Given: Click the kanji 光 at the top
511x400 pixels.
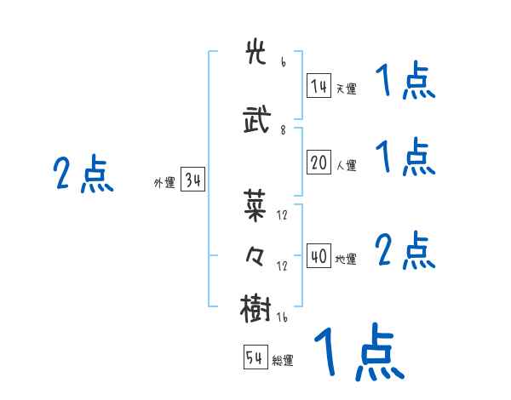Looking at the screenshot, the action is [255, 54].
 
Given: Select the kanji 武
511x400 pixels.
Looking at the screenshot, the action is [255, 120].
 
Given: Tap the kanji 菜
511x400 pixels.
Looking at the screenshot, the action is [255, 204].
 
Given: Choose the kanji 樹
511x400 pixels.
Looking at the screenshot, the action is [255, 307].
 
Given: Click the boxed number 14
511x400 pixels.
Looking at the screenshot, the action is [319, 86].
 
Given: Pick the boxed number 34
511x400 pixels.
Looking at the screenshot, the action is [192, 180].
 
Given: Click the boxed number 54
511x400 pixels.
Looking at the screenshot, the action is [255, 358].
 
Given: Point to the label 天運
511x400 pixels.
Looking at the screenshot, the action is [346, 88].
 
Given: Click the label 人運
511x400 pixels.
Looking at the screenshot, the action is [346, 165].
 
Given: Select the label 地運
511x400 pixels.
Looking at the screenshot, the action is [346, 259].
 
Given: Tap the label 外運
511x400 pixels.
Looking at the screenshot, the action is [164, 182].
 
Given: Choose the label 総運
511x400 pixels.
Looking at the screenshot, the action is [283, 360].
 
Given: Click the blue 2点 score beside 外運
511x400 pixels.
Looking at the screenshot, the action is [83, 174].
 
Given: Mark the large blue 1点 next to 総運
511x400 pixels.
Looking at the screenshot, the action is [358, 351].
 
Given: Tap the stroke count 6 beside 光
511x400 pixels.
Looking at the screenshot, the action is [283, 62].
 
